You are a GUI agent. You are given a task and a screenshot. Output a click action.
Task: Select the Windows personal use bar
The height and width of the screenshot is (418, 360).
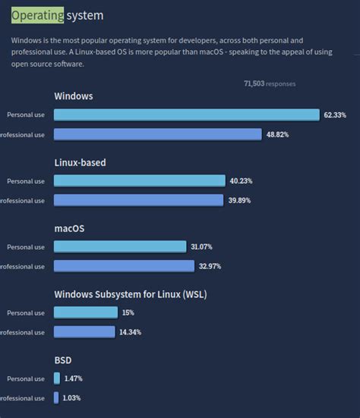point(187,115)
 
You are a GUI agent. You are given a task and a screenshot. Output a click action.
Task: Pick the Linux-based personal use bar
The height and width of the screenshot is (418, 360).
point(140,181)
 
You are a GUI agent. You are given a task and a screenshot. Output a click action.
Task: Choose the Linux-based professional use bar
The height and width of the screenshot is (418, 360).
point(139,200)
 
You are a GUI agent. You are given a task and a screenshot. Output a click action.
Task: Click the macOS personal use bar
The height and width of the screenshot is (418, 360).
point(120,247)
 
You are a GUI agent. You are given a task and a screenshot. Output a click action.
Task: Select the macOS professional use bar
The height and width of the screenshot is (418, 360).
point(124,266)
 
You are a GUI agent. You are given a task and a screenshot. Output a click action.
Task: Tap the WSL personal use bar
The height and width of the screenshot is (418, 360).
point(86,313)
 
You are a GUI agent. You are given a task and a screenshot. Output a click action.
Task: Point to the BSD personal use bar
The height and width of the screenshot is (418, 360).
point(57,379)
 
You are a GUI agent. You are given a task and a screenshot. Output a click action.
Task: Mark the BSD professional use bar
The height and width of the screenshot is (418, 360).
point(56,398)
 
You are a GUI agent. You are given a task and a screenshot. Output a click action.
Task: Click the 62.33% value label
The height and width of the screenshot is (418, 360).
point(335,115)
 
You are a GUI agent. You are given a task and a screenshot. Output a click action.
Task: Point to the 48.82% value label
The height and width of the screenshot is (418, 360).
point(277,134)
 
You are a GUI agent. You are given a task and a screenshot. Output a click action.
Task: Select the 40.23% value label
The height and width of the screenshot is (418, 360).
point(241,181)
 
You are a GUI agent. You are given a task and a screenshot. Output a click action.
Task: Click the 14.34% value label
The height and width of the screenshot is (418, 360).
point(130,332)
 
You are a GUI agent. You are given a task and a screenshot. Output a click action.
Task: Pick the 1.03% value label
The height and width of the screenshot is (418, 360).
point(72,398)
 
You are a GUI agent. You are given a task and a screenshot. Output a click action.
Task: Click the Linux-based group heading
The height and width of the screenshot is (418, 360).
point(80,162)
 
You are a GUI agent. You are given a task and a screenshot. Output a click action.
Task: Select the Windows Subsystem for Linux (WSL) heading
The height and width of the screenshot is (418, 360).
point(131,294)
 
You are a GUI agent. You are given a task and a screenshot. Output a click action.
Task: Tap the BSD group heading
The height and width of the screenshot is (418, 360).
point(63,360)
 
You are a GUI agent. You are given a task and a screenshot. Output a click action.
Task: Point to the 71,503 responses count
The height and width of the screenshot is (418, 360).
point(270,83)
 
